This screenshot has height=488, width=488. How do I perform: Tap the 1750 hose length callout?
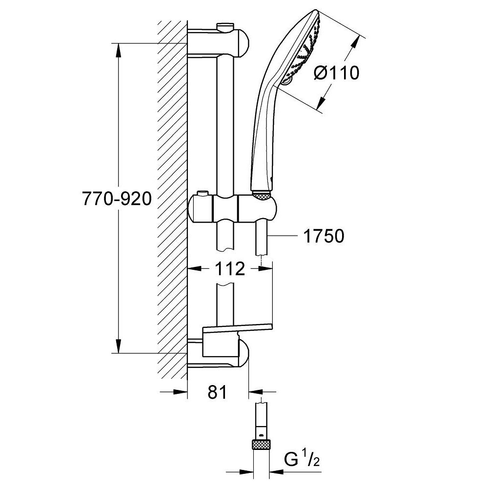point(324,236)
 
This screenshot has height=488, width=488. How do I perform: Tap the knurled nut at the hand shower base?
point(262,196)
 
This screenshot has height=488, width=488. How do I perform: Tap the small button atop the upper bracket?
point(225,25)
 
